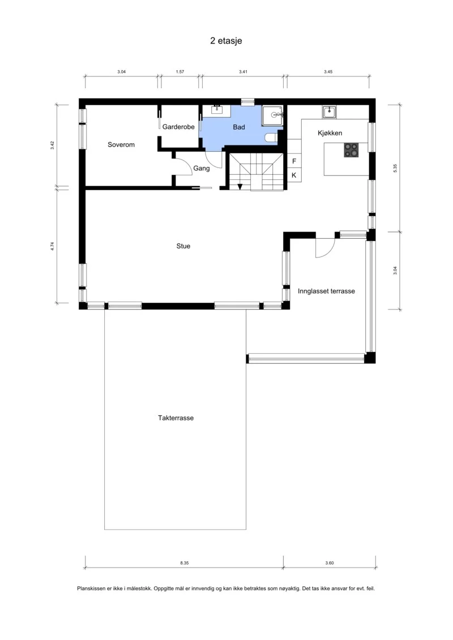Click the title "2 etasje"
tap(226, 41)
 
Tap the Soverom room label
tap(121, 144)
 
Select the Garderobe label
tap(178, 127)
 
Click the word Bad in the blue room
tap(239, 127)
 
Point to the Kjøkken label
tap(330, 133)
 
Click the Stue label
tap(183, 246)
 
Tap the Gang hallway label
tap(202, 168)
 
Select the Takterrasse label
tap(176, 418)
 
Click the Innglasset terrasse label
tap(326, 291)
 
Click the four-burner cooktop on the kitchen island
tap(351, 150)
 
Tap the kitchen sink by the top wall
tap(329, 112)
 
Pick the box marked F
tap(294, 161)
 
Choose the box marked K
tap(294, 175)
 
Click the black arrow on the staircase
tap(240, 187)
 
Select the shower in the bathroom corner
tap(272, 115)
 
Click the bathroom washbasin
tap(216, 109)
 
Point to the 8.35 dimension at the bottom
tap(185, 563)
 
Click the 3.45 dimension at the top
tap(328, 71)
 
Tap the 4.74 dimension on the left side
tap(52, 246)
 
